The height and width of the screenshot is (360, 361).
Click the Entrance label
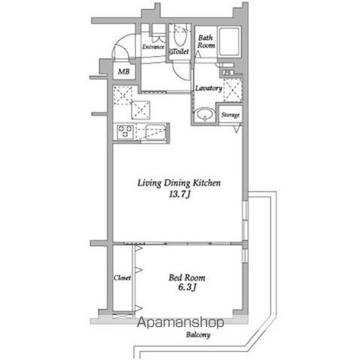153,46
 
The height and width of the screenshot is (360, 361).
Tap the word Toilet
179,52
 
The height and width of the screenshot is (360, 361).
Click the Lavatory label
208,88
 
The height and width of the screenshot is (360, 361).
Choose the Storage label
230,115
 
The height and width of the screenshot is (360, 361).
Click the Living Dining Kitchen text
179,183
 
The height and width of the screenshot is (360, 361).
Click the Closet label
122,277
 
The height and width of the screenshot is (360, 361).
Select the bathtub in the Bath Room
229,43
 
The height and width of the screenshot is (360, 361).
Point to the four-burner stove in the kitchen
125,133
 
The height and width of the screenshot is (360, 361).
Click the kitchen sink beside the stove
153,134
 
